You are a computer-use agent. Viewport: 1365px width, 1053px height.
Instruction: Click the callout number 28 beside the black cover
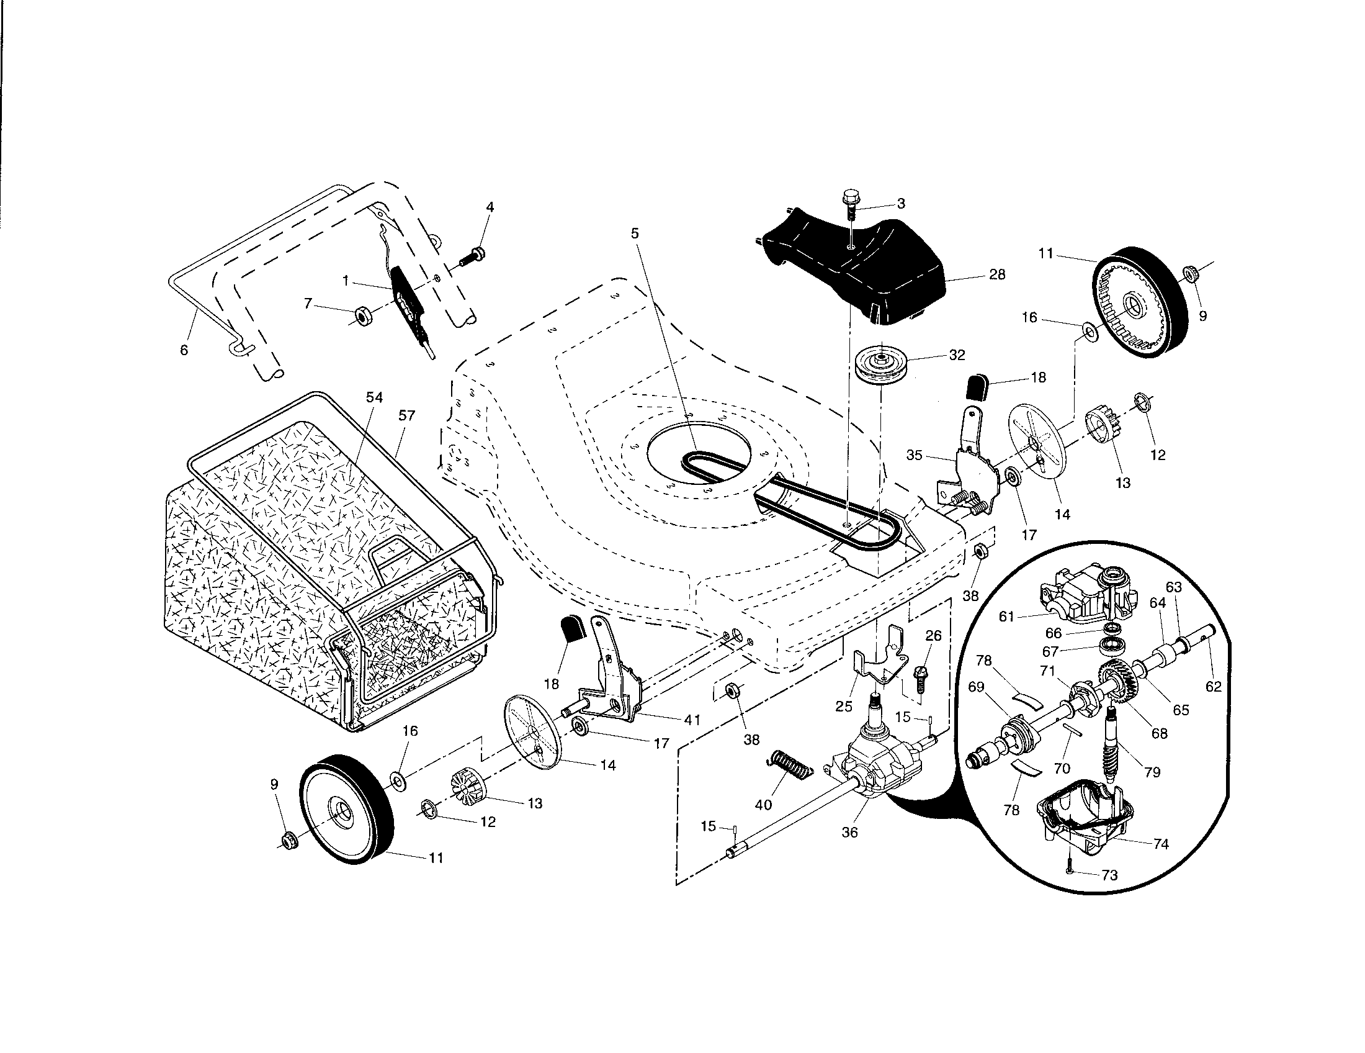click(x=998, y=274)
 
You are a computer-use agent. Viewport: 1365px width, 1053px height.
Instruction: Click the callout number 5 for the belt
click(x=635, y=233)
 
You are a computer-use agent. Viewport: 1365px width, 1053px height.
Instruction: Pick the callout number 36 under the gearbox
click(x=850, y=832)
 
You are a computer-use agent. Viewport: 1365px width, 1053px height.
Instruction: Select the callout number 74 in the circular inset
click(x=1161, y=844)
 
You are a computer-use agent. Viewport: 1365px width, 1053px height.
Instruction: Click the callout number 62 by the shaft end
click(x=1213, y=686)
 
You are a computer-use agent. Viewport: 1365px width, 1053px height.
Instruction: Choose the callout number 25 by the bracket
click(x=844, y=707)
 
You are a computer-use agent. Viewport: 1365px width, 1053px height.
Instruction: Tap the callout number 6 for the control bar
click(x=184, y=350)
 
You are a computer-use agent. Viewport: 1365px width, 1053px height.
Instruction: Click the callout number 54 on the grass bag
click(x=374, y=398)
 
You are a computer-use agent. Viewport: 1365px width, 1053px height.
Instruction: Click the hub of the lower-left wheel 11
click(x=341, y=811)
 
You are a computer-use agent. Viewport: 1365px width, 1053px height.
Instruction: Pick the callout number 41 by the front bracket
click(x=692, y=720)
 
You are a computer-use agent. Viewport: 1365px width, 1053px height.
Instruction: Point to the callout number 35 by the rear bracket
click(x=915, y=455)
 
